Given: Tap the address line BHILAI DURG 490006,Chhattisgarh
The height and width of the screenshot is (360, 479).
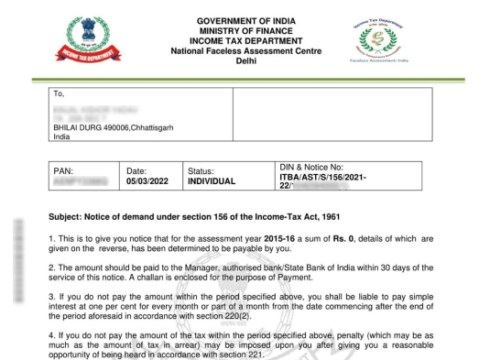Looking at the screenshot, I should coord(112,132).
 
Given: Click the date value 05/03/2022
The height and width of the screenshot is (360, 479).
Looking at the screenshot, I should coord(150,181).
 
